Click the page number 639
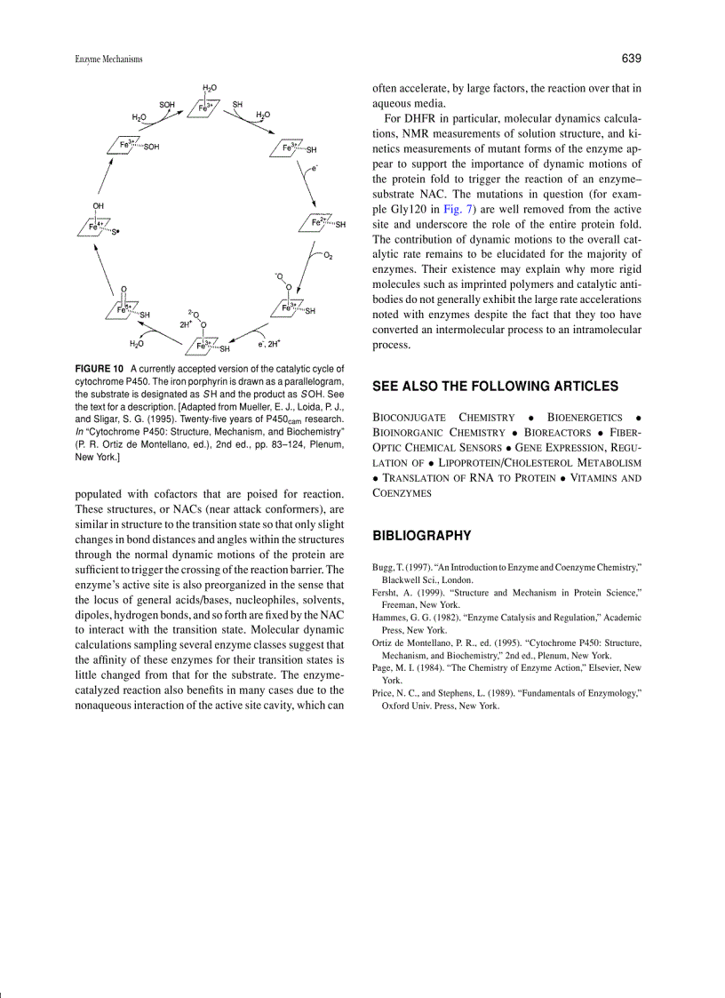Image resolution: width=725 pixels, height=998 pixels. pyautogui.click(x=631, y=59)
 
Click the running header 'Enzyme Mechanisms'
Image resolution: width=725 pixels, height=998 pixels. pyautogui.click(x=109, y=60)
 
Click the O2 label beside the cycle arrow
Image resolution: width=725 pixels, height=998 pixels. pyautogui.click(x=328, y=256)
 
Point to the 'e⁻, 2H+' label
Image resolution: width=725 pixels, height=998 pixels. pyautogui.click(x=269, y=343)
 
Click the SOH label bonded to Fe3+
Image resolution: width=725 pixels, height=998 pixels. pyautogui.click(x=151, y=148)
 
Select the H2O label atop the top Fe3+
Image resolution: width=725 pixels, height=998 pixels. pyautogui.click(x=210, y=89)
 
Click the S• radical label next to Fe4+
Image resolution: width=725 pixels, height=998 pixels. pyautogui.click(x=116, y=234)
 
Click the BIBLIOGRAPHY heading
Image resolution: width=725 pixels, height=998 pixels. pyautogui.click(x=420, y=536)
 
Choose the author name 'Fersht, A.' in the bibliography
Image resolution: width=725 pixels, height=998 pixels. pyautogui.click(x=393, y=591)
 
